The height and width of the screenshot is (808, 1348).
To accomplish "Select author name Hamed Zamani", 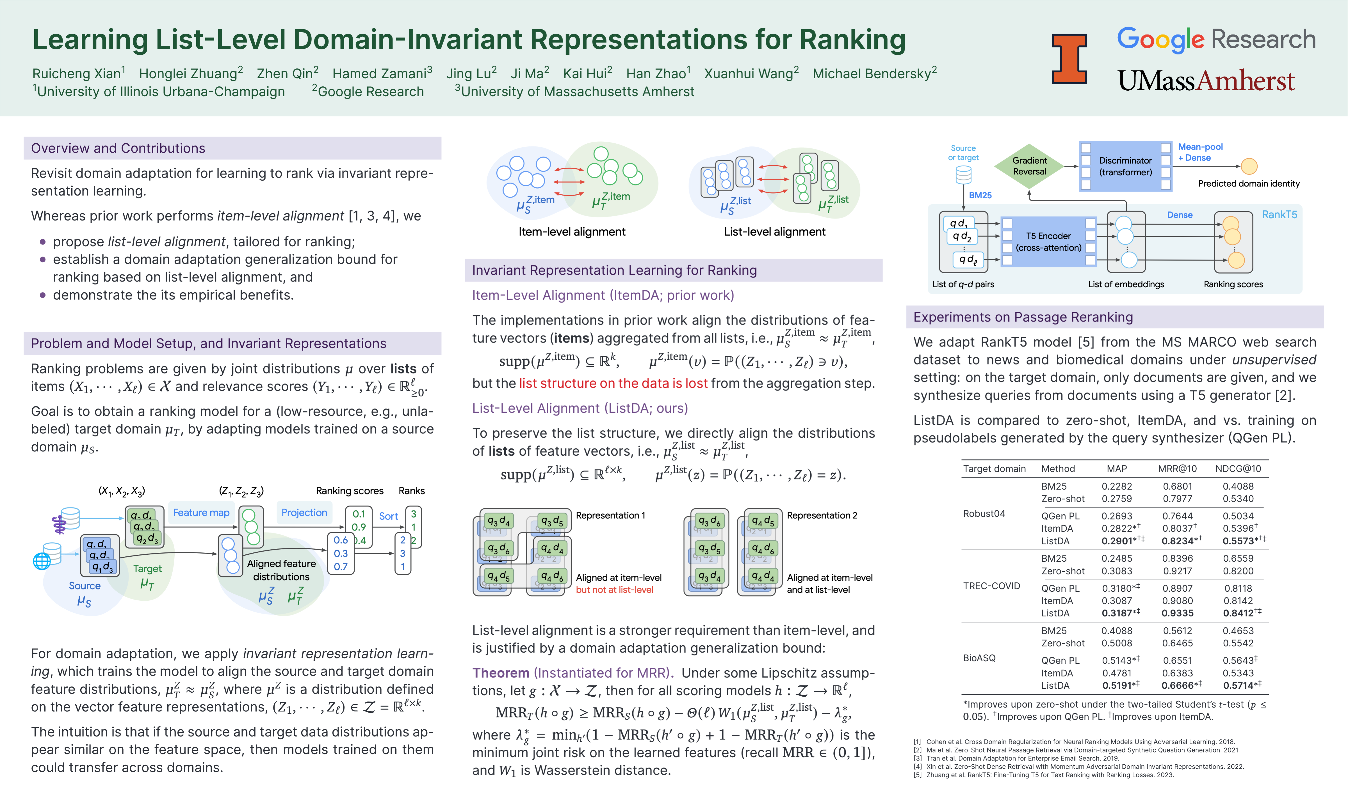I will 382,74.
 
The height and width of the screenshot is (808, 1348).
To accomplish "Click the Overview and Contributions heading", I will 118,148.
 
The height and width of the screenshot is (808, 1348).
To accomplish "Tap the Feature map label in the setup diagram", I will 201,512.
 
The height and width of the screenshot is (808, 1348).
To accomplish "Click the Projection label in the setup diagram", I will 304,512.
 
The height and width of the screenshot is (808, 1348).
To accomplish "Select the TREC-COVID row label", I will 991,586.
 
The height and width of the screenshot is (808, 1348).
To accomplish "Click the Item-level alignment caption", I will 572,232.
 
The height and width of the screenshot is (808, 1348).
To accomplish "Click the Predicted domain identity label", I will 1248,183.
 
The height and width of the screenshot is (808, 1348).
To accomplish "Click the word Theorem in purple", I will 500,673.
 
